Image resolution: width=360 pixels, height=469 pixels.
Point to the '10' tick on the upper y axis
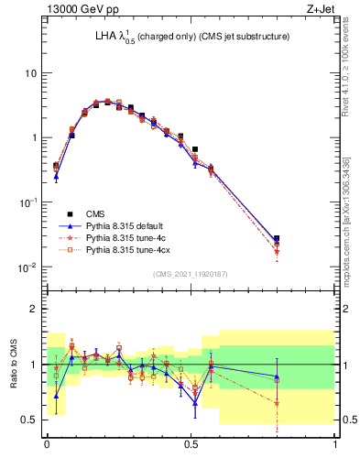point(29,72)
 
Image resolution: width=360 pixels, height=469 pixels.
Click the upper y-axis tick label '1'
point(33,137)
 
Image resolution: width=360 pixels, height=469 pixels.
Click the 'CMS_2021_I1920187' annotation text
point(191,274)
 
